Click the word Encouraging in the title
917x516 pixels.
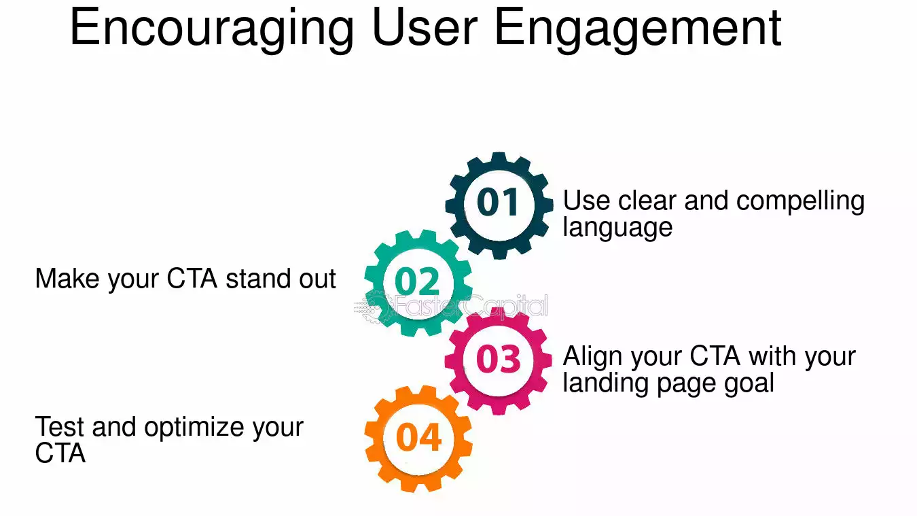(211, 29)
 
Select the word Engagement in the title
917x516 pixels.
(638, 29)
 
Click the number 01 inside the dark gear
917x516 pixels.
(499, 203)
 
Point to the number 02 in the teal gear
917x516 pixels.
(417, 281)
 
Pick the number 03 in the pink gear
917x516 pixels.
(498, 359)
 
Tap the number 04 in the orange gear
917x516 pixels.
(418, 438)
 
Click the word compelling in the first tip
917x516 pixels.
(800, 202)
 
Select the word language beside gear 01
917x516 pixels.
(617, 228)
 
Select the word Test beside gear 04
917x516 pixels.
(59, 427)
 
